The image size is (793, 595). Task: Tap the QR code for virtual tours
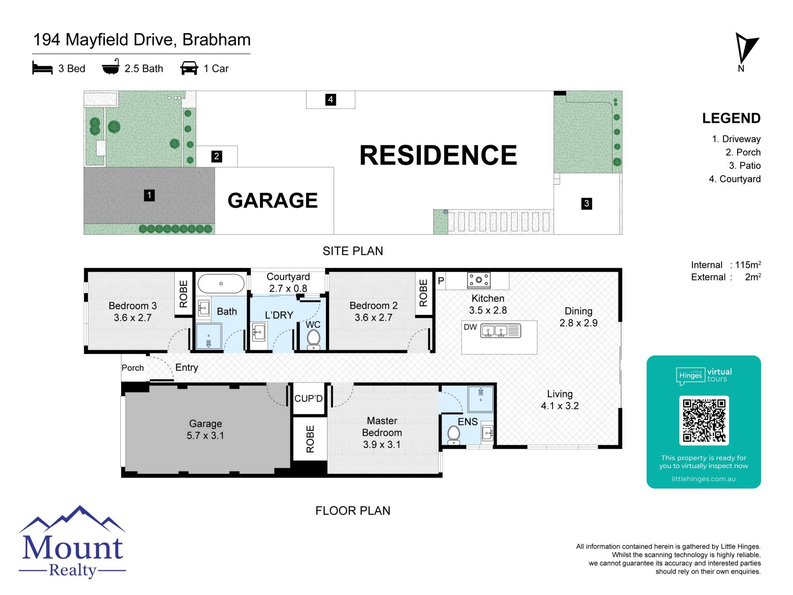click(x=704, y=420)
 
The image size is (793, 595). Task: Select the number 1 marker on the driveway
click(x=149, y=195)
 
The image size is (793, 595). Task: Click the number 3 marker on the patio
click(x=586, y=203)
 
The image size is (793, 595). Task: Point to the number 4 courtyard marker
click(x=330, y=100)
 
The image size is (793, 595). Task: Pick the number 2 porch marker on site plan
click(x=216, y=156)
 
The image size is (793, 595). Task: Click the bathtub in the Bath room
click(x=221, y=283)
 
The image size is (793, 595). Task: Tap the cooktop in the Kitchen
click(x=479, y=280)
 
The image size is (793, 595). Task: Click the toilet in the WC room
click(x=314, y=339)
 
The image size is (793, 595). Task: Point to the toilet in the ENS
click(x=454, y=434)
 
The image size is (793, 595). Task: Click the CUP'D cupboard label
click(x=309, y=398)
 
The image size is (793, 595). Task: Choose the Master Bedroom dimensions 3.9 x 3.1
click(x=382, y=445)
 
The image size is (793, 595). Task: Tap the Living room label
click(x=560, y=394)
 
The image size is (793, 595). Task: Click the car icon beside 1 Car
click(x=189, y=68)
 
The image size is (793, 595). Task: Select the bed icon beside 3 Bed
click(x=43, y=68)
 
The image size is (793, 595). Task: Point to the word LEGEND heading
click(x=731, y=118)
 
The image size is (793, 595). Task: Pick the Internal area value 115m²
click(x=748, y=264)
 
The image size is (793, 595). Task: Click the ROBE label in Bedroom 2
click(x=423, y=293)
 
